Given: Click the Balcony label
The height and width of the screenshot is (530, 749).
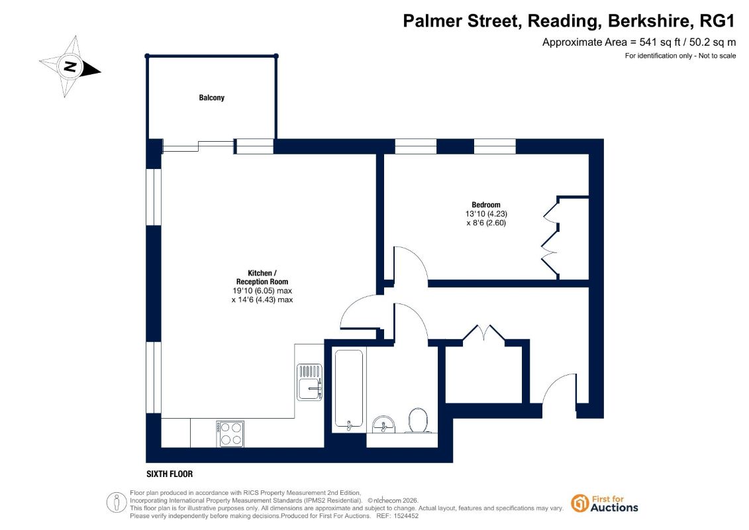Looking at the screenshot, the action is point(212,97).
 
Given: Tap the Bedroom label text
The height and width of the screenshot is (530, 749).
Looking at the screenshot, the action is point(486,205).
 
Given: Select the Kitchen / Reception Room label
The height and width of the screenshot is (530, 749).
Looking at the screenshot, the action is point(262,277).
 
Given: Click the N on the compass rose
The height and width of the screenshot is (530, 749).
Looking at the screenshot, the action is point(70,66).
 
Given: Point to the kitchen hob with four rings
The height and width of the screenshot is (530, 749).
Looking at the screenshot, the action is point(230,434).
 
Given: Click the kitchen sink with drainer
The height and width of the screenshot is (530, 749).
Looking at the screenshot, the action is point(309,382).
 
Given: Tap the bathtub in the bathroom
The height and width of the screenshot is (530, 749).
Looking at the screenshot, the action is point(349,389).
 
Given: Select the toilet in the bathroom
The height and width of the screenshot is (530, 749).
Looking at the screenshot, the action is point(418,420).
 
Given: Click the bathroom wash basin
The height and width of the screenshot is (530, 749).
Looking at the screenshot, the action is point(383,424).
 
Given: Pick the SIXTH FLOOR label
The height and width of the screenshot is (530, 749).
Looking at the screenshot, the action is point(170,474).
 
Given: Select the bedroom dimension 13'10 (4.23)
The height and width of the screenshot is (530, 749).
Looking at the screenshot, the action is point(486,213).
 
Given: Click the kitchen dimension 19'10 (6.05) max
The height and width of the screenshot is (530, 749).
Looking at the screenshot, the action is point(262,291).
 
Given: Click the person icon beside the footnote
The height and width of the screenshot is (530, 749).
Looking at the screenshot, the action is point(117,502).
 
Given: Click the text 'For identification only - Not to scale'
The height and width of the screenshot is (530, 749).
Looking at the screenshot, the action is point(680,56).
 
